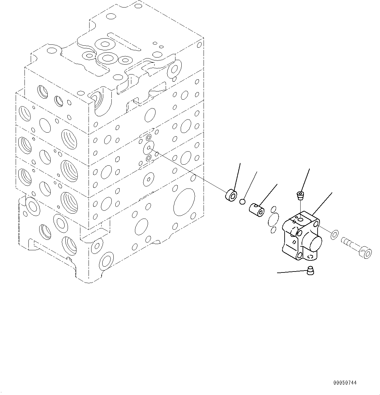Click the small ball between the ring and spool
(242, 202)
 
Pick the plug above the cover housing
(300, 196)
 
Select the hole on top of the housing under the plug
(300, 219)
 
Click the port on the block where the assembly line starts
(149, 147)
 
